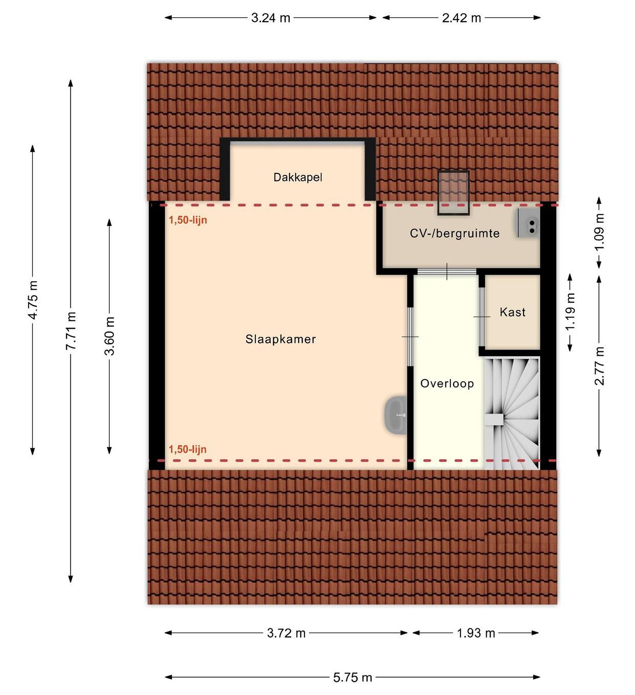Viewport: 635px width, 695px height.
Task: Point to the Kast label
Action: click(x=512, y=312)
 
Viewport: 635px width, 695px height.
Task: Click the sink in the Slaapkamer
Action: click(x=395, y=415)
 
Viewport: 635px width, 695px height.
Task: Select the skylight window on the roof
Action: click(x=453, y=193)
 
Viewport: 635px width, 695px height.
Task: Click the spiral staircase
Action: click(x=512, y=414)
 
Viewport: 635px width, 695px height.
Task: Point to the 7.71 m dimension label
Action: click(x=71, y=331)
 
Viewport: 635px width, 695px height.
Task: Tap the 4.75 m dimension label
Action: click(x=33, y=300)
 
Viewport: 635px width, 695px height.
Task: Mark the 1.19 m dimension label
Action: click(x=570, y=311)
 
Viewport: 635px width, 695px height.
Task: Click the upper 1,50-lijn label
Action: click(x=188, y=220)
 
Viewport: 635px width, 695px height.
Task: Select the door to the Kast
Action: click(x=481, y=316)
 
